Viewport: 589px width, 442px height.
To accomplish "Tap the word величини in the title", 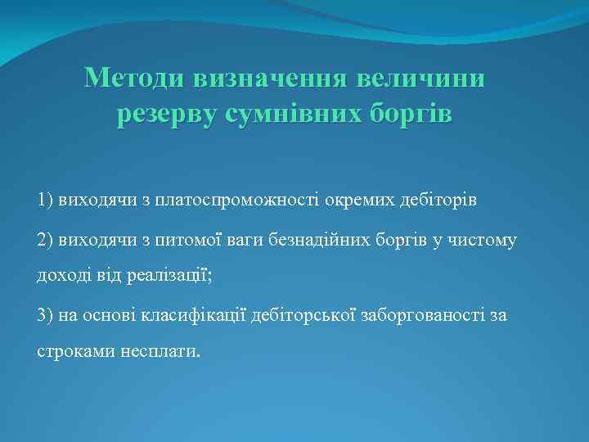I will coord(425,79).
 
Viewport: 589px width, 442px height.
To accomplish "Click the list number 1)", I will coord(45,199).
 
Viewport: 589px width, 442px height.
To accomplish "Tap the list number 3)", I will coord(46,315).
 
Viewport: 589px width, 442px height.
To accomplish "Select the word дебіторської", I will coord(301,315).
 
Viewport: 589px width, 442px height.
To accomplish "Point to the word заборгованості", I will coord(421,315).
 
